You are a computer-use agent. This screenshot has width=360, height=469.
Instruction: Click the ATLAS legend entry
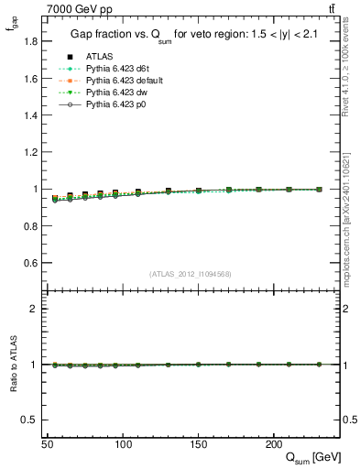tap(100, 57)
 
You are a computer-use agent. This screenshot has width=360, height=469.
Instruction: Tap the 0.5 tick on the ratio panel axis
tap(30, 420)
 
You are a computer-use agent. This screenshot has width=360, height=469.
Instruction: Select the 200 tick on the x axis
tap(273, 444)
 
